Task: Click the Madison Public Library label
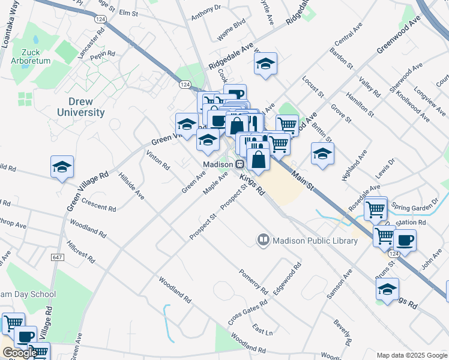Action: click(315, 241)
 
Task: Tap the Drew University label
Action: click(80, 107)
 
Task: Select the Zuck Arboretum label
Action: click(31, 56)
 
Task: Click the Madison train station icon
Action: click(239, 164)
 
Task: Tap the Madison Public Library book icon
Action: click(263, 241)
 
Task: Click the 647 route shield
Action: click(58, 257)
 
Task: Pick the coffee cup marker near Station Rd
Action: click(405, 241)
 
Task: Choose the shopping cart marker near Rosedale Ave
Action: click(375, 209)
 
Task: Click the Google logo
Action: click(19, 353)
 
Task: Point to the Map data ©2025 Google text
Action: click(411, 355)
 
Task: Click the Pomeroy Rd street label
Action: click(253, 281)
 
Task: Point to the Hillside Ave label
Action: click(131, 187)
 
